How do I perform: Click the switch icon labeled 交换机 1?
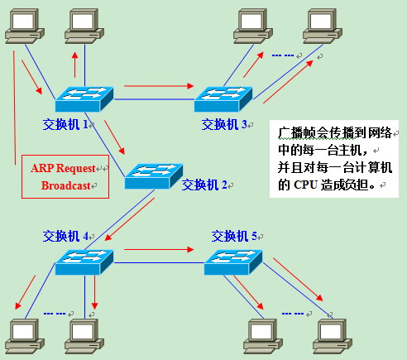pos(84,99)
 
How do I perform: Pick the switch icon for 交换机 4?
pos(84,262)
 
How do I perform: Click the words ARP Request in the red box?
pos(64,167)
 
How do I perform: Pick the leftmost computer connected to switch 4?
pos(22,333)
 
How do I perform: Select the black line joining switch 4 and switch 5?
pos(157,262)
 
